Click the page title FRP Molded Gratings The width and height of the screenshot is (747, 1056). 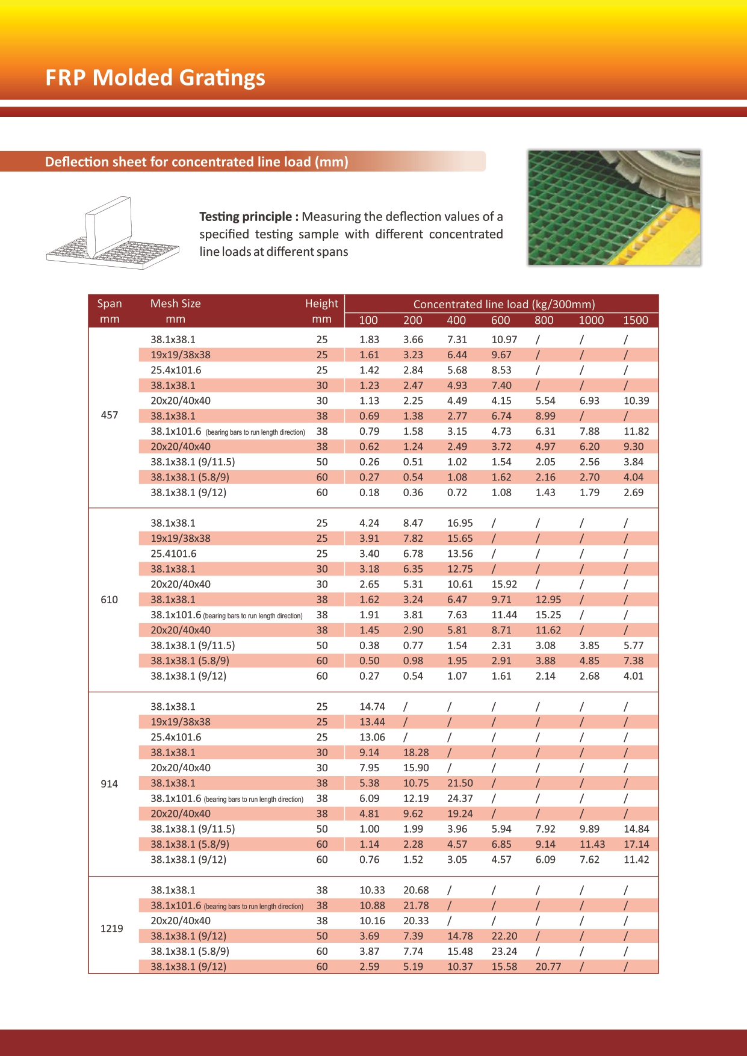155,78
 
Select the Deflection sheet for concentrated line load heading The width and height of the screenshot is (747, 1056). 197,162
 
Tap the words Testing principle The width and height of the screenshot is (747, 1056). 245,217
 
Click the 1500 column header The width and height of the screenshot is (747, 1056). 636,320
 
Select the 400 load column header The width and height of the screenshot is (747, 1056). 456,320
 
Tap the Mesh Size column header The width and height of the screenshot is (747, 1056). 175,303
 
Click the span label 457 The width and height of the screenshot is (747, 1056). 110,415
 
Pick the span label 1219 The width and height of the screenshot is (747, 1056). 111,928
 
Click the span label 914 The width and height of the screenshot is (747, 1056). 110,784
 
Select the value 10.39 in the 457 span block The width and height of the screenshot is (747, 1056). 636,401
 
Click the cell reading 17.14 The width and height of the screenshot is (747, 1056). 636,845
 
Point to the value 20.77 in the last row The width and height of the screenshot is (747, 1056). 548,967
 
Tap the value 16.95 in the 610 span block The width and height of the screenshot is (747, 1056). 460,523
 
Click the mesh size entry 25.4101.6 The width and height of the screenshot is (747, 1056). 173,554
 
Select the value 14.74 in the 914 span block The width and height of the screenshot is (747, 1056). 372,707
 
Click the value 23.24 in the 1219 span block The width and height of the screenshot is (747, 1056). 504,951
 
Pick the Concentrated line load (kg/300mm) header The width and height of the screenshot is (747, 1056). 504,305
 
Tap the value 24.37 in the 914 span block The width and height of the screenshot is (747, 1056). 460,798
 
